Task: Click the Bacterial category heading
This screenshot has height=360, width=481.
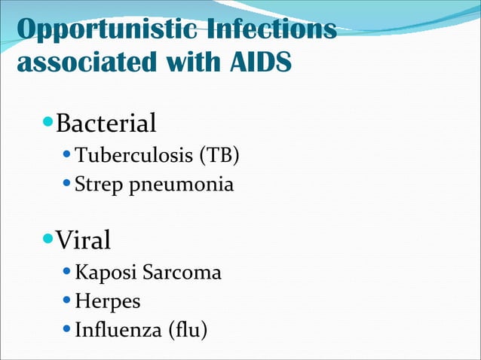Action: point(106,122)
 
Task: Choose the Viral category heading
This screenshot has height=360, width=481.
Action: point(83,240)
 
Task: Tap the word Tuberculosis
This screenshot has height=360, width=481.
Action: point(133,156)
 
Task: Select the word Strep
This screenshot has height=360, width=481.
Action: point(94,184)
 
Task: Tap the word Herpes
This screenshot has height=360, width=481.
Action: point(107,301)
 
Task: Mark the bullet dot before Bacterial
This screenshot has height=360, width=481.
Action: point(48,121)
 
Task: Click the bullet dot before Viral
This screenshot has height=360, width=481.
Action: point(48,239)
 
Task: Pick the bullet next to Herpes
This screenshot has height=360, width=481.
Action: point(66,301)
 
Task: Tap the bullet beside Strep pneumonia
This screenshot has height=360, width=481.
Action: point(66,183)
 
